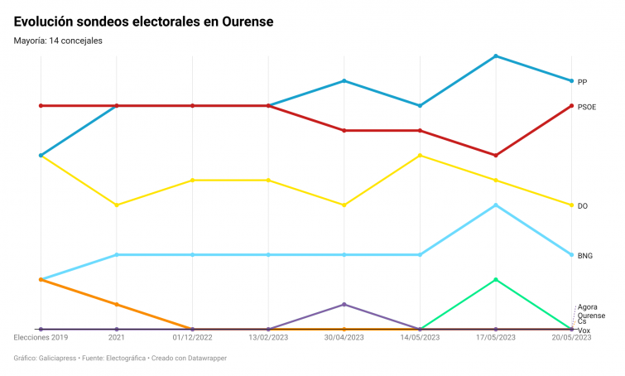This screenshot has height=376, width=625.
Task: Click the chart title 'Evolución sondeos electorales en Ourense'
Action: pyautogui.click(x=143, y=21)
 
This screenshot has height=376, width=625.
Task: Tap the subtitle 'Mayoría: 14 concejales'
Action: pyautogui.click(x=58, y=41)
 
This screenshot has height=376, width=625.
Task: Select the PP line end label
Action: pyautogui.click(x=582, y=82)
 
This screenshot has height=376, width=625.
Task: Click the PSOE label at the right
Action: pyautogui.click(x=586, y=107)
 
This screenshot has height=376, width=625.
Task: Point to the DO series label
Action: pyautogui.click(x=582, y=206)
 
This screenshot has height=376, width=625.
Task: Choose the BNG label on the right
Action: pyautogui.click(x=584, y=256)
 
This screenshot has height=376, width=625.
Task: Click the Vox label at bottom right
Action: pyautogui.click(x=584, y=331)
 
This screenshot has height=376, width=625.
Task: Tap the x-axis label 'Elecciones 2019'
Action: pyautogui.click(x=41, y=338)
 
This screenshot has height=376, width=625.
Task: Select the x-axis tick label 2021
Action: pyautogui.click(x=117, y=338)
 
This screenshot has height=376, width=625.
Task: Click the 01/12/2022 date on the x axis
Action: pyautogui.click(x=192, y=338)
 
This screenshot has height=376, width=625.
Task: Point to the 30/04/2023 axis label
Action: pyautogui.click(x=344, y=338)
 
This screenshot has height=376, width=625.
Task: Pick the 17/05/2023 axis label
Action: pyautogui.click(x=495, y=338)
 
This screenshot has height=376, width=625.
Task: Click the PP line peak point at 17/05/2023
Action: pyautogui.click(x=496, y=56)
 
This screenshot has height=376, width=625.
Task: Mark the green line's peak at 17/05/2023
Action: pyautogui.click(x=496, y=280)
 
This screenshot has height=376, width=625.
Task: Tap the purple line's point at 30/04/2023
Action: pyautogui.click(x=344, y=305)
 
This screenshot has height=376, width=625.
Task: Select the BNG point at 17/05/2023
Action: pyautogui.click(x=496, y=205)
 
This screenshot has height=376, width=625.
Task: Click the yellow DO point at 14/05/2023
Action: pyautogui.click(x=421, y=156)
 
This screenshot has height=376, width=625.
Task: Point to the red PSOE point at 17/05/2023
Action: pyautogui.click(x=496, y=156)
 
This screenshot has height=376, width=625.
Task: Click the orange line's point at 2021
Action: pyautogui.click(x=117, y=305)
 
